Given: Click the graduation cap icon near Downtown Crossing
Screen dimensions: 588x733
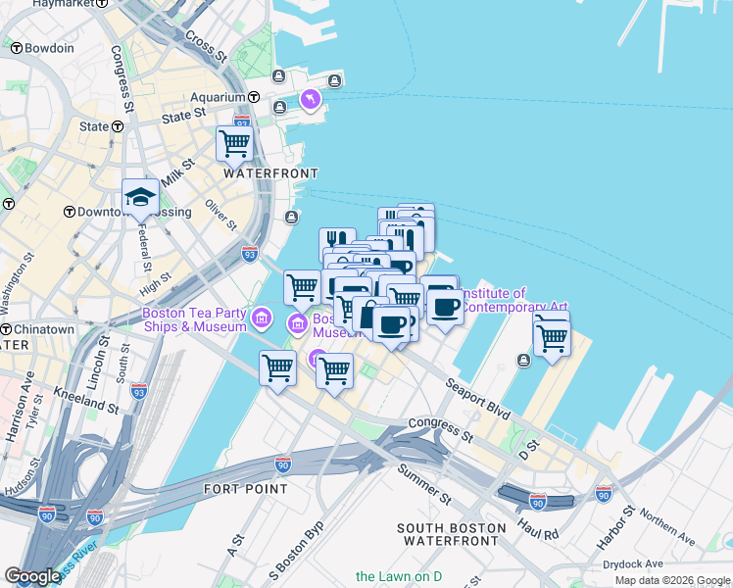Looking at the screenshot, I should point(140,198).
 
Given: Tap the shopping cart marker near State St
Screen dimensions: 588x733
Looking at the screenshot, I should point(235,143).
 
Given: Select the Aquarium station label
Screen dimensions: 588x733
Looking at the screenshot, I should point(217,97).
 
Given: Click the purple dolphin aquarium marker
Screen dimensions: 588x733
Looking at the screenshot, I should point(311,99).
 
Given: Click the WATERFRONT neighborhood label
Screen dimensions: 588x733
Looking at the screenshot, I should point(270,172).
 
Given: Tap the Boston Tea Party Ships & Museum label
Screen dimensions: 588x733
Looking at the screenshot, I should point(195,320).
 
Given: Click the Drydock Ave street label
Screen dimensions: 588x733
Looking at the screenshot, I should point(633,563).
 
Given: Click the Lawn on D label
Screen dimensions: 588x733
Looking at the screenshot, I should point(399,576).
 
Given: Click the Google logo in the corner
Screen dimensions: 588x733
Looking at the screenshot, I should point(33,576).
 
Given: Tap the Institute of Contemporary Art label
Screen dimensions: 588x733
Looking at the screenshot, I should point(513,300).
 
